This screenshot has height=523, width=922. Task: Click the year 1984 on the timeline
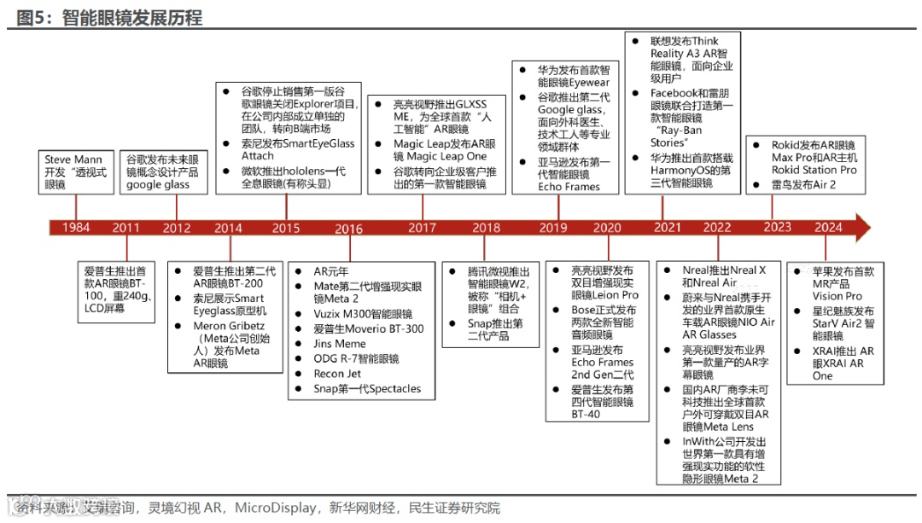tap(76, 228)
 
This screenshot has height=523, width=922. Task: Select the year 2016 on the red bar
tap(348, 228)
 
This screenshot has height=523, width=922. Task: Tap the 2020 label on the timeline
tap(607, 228)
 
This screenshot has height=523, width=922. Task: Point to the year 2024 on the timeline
tap(828, 228)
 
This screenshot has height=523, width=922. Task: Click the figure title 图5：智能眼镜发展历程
tap(111, 17)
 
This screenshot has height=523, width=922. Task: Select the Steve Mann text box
tap(76, 171)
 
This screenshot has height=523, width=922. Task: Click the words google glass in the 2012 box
tap(157, 184)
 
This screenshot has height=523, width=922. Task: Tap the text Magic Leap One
tap(441, 157)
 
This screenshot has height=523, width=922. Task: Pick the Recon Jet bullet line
tap(337, 374)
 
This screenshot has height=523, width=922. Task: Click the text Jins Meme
tap(341, 344)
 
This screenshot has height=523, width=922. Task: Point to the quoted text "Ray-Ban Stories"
tap(674, 137)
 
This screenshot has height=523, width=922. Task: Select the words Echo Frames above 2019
tap(569, 187)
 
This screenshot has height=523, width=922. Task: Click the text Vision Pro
tap(837, 296)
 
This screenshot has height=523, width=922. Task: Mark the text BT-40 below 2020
tap(586, 414)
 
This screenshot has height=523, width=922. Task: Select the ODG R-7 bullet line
tap(356, 359)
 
